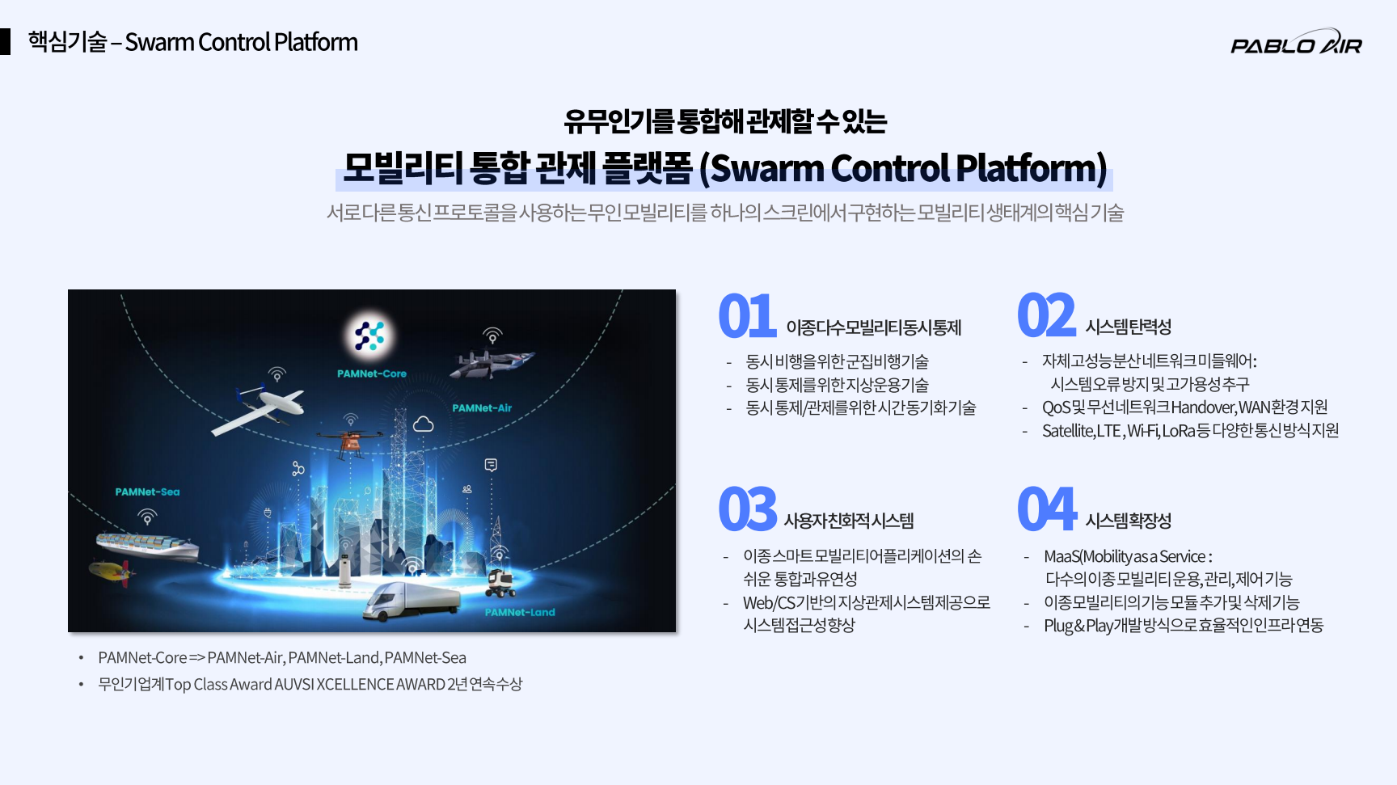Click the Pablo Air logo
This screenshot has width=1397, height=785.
pyautogui.click(x=1296, y=43)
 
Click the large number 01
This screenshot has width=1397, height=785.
pyautogui.click(x=747, y=316)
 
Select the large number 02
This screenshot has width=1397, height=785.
pyautogui.click(x=1046, y=315)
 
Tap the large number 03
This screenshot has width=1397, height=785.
pyautogui.click(x=748, y=509)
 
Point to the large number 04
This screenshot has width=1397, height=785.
pyautogui.click(x=1047, y=509)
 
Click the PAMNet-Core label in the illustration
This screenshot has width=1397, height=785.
pyautogui.click(x=372, y=374)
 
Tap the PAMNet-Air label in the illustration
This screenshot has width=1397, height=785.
pyautogui.click(x=482, y=408)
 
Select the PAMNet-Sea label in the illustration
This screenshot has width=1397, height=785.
pyautogui.click(x=147, y=492)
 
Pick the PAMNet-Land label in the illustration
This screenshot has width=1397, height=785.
pyautogui.click(x=520, y=612)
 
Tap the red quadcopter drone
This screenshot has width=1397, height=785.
pyautogui.click(x=351, y=441)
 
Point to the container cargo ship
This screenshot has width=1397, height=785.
pyautogui.click(x=147, y=546)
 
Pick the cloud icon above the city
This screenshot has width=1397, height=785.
pyautogui.click(x=424, y=424)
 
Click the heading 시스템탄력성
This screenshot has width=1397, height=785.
pyautogui.click(x=1129, y=327)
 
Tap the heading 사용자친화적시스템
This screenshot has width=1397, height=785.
pyautogui.click(x=849, y=521)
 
